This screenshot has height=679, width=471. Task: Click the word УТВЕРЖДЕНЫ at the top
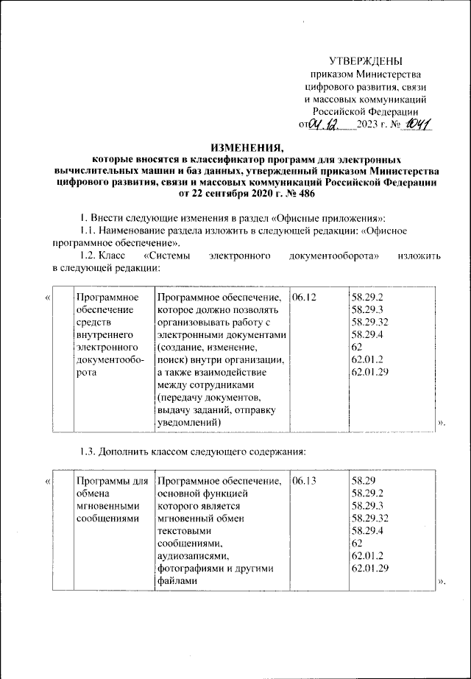(x=365, y=61)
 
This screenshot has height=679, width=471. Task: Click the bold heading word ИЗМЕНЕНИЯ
(x=235, y=147)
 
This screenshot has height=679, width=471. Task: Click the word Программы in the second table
(x=99, y=481)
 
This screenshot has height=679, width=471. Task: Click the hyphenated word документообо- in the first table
(x=107, y=359)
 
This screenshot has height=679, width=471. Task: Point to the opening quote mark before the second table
(x=47, y=481)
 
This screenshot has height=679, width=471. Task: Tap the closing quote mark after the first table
(x=442, y=423)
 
